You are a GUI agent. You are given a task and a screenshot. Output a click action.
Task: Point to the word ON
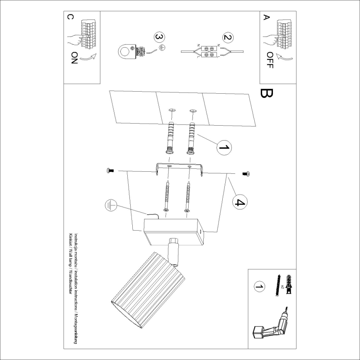74,58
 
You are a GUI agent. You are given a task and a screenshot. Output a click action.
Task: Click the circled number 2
227,38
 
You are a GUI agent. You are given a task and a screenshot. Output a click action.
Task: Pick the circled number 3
158,37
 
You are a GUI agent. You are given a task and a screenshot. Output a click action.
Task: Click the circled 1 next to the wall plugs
224,147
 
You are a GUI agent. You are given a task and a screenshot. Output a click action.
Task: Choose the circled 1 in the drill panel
259,287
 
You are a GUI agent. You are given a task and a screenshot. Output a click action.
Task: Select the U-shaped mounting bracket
179,168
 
